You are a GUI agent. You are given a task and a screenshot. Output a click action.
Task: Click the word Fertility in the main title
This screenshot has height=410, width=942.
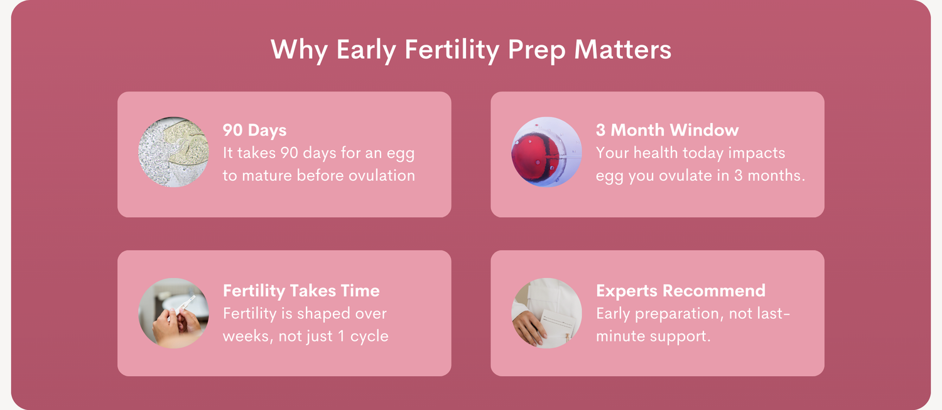[x=452, y=50]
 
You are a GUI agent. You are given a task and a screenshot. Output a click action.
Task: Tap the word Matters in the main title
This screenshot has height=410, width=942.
[x=623, y=50]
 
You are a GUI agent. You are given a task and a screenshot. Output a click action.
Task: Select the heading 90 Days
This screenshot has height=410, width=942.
[x=254, y=131]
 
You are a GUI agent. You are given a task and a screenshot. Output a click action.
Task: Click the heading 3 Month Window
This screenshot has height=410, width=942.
[x=667, y=130]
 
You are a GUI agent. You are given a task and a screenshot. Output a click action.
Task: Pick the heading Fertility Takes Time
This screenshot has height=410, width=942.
[x=301, y=291]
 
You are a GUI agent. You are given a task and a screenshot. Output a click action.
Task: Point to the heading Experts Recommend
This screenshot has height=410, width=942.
[x=680, y=291]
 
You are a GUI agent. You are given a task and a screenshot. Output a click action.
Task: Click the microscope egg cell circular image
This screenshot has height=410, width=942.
[x=174, y=152]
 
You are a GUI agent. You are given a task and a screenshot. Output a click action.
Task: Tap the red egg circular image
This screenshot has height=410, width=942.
[x=547, y=152]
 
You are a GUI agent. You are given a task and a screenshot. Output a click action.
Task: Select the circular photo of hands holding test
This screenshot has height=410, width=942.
[x=174, y=313]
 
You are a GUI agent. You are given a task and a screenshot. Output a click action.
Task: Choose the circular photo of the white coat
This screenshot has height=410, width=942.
[x=547, y=313]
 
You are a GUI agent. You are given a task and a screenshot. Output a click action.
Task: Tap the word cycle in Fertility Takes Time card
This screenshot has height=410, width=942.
[x=369, y=337]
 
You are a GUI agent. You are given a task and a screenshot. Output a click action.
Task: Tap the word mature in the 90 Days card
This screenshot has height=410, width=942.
[x=267, y=175]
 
